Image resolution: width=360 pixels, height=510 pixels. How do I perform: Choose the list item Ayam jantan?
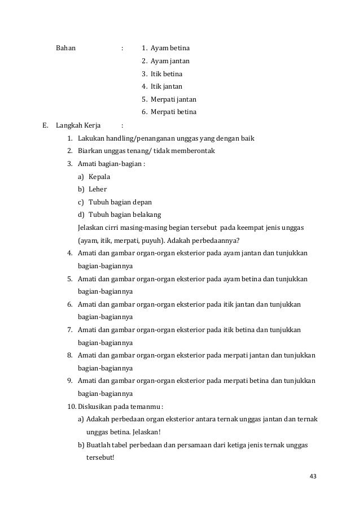[x=170, y=60]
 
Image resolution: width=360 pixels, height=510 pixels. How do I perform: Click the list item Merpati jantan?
[x=173, y=99]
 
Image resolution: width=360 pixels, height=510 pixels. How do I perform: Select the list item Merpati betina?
[x=173, y=112]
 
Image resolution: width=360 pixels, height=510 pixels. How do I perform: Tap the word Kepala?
[x=100, y=177]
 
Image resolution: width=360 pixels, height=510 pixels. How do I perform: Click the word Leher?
[x=98, y=189]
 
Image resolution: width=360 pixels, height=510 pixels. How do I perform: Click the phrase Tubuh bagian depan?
[x=120, y=202]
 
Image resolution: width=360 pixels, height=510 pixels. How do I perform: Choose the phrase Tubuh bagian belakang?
[x=125, y=215]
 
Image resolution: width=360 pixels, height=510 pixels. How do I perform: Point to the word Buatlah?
[x=99, y=445]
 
